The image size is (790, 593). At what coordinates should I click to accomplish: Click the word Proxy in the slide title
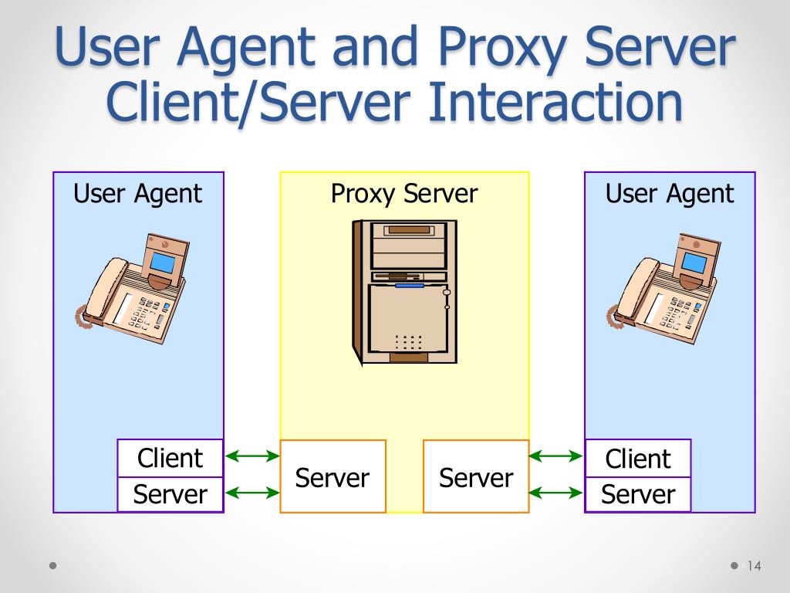pos(502,47)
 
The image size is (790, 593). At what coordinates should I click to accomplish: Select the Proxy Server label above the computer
pos(404,194)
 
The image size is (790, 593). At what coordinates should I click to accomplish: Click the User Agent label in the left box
pos(137,194)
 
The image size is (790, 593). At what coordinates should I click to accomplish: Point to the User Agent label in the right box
pos(670,194)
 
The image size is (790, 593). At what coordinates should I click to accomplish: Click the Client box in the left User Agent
pos(170,458)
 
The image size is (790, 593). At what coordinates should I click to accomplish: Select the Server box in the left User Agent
pos(170,494)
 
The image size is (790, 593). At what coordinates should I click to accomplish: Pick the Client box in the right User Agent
pos(638,458)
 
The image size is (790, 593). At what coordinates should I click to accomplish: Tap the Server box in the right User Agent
pos(638,494)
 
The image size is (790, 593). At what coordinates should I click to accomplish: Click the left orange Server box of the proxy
pos(333,476)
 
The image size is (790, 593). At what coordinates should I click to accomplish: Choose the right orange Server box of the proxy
pos(476,476)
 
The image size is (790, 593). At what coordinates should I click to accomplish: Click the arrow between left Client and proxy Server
pos(252,456)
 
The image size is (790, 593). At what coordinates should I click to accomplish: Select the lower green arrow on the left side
pos(252,493)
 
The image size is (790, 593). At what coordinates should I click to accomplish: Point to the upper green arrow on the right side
pos(555,456)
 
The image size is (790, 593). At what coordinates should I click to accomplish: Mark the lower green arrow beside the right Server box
pos(555,493)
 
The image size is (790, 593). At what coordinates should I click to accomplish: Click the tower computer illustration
pos(404,291)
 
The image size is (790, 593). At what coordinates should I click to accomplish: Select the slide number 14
pos(755,566)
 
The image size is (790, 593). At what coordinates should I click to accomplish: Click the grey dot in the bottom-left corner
pos(53,565)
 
